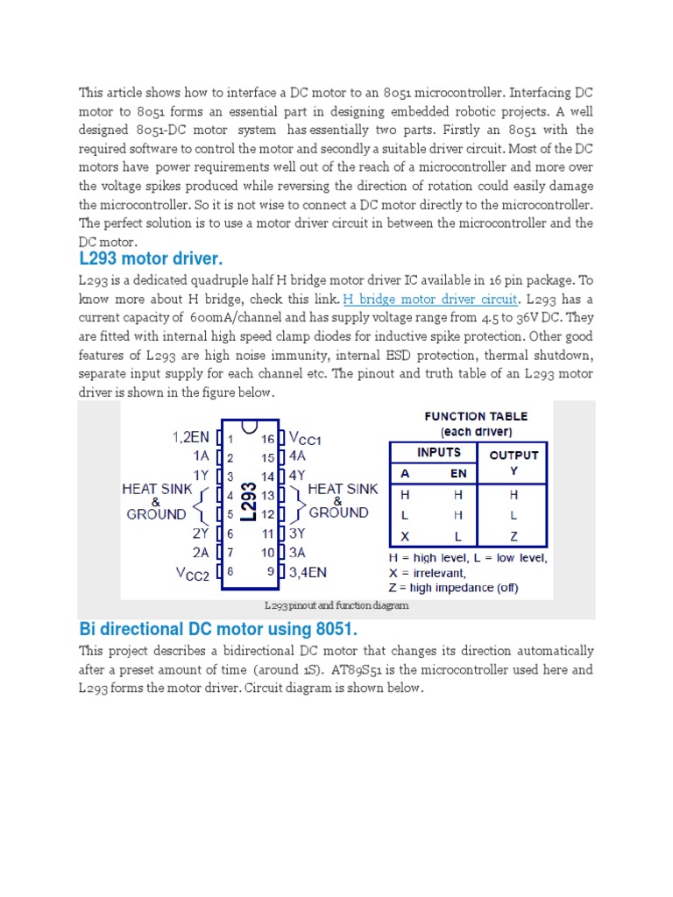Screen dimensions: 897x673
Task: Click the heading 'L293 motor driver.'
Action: pyautogui.click(x=151, y=259)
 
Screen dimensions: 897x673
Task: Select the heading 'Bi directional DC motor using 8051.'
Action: pyautogui.click(x=219, y=629)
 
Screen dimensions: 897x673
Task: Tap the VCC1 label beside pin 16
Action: pyautogui.click(x=306, y=439)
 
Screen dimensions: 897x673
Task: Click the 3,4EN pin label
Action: pyautogui.click(x=308, y=572)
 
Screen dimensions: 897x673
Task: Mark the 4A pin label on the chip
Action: pyautogui.click(x=298, y=456)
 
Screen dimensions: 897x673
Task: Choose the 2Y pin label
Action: pyautogui.click(x=200, y=533)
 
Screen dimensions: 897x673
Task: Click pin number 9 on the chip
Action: pyautogui.click(x=270, y=572)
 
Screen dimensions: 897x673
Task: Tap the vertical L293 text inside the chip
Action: pyautogui.click(x=248, y=502)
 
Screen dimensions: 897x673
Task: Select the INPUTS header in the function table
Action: pyautogui.click(x=439, y=452)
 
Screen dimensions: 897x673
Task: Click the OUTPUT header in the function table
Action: pyautogui.click(x=514, y=455)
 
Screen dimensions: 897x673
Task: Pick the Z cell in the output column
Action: pyautogui.click(x=514, y=536)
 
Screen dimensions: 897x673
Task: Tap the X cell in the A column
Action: pyautogui.click(x=405, y=536)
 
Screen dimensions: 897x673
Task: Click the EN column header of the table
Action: pyautogui.click(x=459, y=473)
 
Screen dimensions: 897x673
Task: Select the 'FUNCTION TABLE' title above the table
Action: pyautogui.click(x=476, y=417)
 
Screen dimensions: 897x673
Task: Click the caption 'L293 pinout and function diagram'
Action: pyautogui.click(x=336, y=605)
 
